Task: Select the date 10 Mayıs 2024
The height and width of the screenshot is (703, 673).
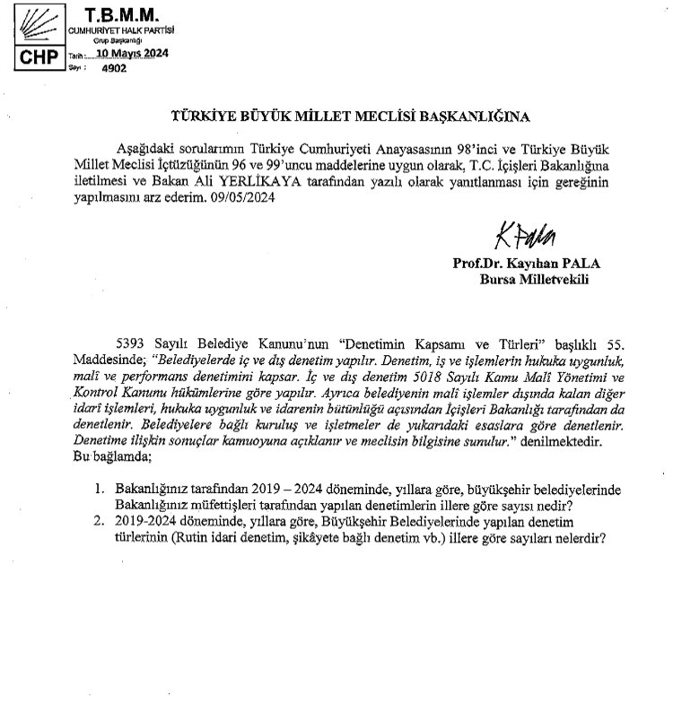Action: point(125,53)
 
